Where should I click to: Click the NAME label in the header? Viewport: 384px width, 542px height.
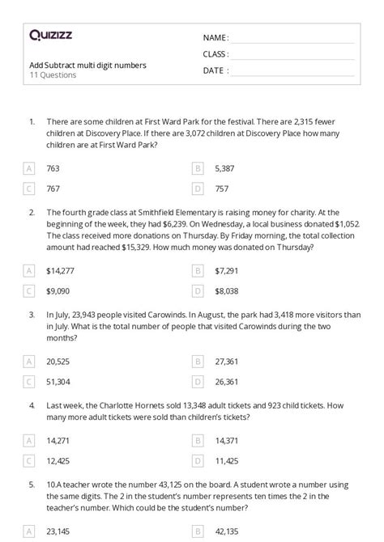pyautogui.click(x=215, y=38)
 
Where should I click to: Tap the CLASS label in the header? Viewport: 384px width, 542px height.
pyautogui.click(x=215, y=54)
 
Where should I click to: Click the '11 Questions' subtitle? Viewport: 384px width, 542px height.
pyautogui.click(x=53, y=75)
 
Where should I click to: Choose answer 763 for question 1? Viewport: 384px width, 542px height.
pyautogui.click(x=53, y=168)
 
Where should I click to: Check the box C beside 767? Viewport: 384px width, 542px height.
pyautogui.click(x=29, y=188)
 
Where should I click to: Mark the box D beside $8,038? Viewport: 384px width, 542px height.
pyautogui.click(x=197, y=290)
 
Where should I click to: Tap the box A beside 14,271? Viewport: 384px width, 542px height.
pyautogui.click(x=29, y=441)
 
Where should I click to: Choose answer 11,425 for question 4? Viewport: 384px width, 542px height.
pyautogui.click(x=227, y=461)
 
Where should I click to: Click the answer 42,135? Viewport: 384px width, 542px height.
pyautogui.click(x=227, y=532)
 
